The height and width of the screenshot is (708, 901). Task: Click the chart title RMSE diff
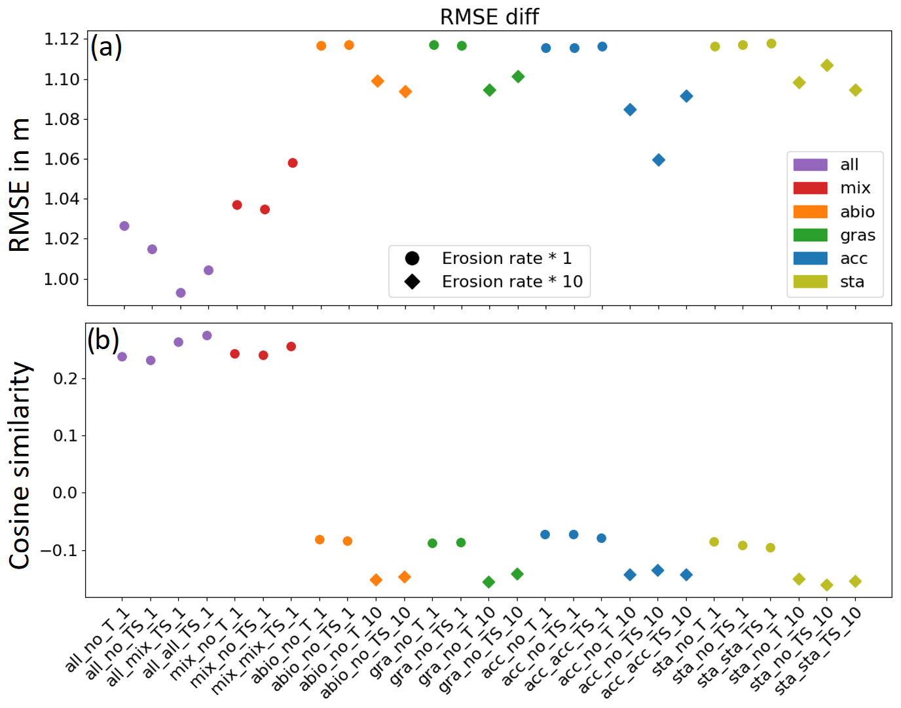(x=489, y=17)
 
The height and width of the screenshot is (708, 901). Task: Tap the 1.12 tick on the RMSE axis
(x=61, y=39)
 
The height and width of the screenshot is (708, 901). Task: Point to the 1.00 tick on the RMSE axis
(x=61, y=279)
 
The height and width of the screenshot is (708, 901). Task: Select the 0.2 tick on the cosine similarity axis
(x=65, y=379)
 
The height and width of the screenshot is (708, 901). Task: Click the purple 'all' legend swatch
(x=810, y=164)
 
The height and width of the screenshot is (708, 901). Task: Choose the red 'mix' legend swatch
(x=810, y=188)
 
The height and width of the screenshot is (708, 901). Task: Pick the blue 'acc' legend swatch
(x=810, y=258)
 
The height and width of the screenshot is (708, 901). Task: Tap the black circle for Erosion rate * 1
(x=412, y=258)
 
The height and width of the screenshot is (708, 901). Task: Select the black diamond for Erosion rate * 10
(x=412, y=282)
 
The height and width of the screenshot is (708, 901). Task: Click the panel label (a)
(x=106, y=47)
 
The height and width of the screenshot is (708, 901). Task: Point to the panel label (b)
(x=103, y=339)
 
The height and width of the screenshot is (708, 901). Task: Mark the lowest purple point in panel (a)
(x=181, y=293)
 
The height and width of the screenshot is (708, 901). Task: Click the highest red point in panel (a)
(x=293, y=162)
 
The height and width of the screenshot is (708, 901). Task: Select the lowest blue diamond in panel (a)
(x=659, y=160)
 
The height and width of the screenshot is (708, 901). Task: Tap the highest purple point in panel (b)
(x=207, y=335)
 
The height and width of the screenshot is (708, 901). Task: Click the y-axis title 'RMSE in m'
(x=20, y=185)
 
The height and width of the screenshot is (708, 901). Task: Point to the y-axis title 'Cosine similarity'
(x=20, y=465)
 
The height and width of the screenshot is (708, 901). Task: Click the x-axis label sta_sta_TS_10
(x=818, y=650)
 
